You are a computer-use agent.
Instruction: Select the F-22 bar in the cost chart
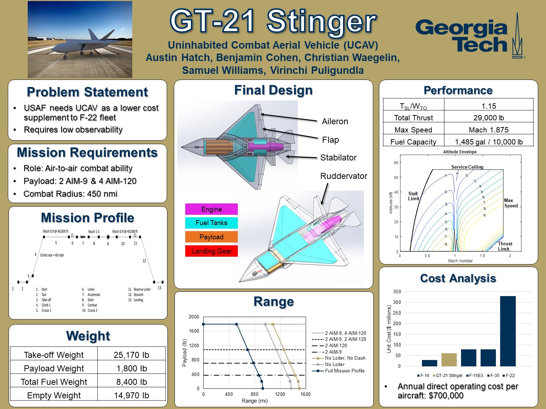[x=508, y=331]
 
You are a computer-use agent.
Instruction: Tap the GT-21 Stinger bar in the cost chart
[x=449, y=359]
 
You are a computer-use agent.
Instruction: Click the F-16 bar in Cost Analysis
[x=429, y=363]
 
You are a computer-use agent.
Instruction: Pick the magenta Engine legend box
[x=211, y=209]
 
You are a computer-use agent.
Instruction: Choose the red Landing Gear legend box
[x=211, y=251]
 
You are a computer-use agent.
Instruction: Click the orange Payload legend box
[x=211, y=237]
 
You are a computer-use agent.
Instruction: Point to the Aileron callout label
[x=335, y=121]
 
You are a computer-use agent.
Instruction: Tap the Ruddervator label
[x=343, y=176]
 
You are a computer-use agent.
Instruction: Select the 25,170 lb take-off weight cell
[x=131, y=355]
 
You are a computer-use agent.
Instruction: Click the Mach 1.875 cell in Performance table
[x=488, y=130]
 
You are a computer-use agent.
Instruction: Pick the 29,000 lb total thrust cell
[x=488, y=118]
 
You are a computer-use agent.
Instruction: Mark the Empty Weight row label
[x=54, y=395]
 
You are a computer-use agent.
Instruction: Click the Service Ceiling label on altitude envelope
[x=467, y=167]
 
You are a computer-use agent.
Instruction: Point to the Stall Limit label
[x=413, y=196]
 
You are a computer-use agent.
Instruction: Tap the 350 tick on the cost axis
[x=397, y=291]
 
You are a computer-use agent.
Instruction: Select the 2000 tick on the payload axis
[x=194, y=317]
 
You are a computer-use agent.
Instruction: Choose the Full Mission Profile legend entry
[x=344, y=371]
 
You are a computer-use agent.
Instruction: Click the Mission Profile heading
[x=87, y=217]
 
